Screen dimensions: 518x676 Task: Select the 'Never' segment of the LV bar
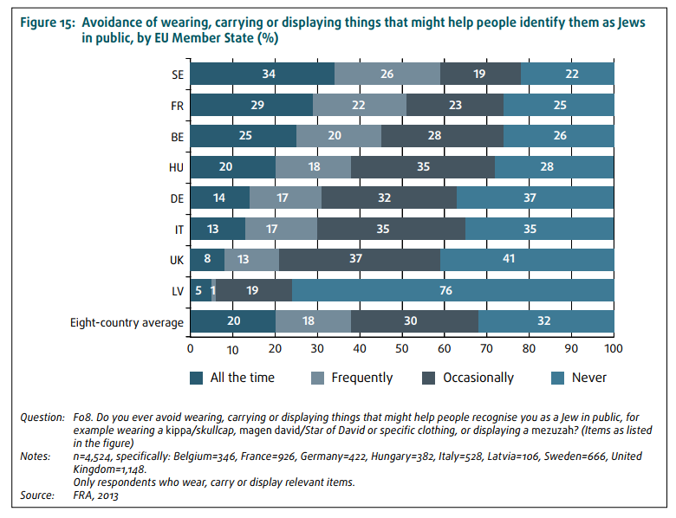coord(452,292)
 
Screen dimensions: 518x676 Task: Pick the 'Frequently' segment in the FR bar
coord(359,107)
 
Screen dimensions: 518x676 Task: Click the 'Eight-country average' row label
coord(127,323)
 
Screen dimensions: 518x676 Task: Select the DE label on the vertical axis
coord(176,199)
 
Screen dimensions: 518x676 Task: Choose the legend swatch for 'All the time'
coord(196,378)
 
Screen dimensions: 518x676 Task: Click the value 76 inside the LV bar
coord(446,292)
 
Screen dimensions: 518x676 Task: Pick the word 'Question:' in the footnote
coord(42,418)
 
